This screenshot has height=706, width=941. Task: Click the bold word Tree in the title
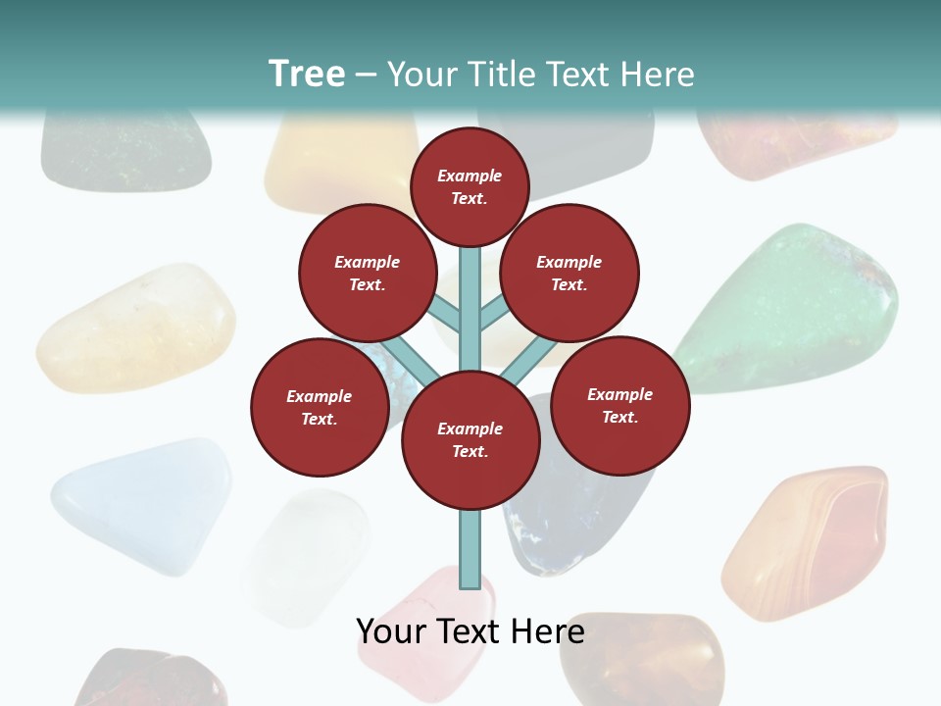[307, 75]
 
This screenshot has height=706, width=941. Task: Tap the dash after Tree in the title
[367, 76]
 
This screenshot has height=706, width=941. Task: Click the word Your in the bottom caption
[393, 631]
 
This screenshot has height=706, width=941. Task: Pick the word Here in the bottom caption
[549, 631]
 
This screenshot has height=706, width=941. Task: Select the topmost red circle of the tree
[470, 186]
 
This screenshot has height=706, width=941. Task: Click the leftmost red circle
[320, 407]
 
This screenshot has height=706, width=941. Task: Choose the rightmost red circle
[620, 405]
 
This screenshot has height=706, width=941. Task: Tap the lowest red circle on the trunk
[470, 440]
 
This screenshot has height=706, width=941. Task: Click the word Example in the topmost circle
[470, 176]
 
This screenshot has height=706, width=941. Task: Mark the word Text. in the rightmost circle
[619, 417]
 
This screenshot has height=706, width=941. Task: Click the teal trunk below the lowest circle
[470, 549]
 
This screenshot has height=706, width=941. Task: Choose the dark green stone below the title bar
[125, 152]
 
